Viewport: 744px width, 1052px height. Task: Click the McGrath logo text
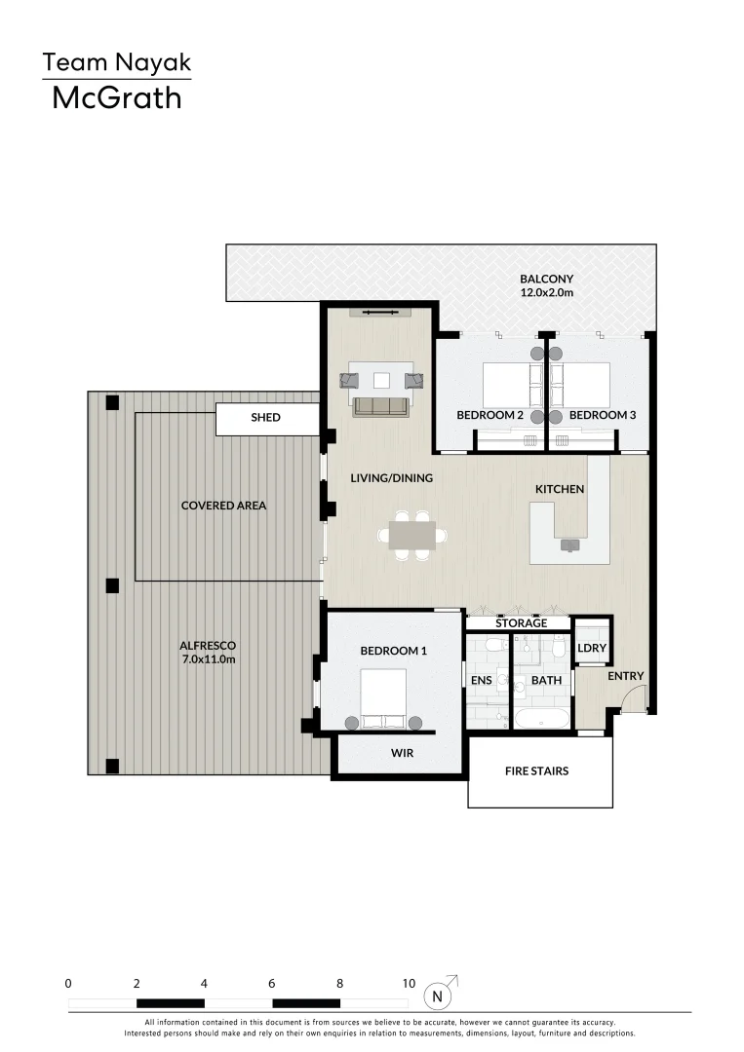(116, 97)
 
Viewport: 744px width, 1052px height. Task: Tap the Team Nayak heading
(116, 63)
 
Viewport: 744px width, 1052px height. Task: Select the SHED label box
(266, 418)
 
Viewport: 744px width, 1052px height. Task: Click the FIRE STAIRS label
(536, 771)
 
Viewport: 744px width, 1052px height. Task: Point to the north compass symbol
(439, 996)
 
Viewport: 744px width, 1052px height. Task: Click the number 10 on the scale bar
(408, 984)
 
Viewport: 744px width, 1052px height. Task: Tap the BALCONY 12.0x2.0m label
(546, 285)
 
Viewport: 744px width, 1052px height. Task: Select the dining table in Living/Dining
(412, 535)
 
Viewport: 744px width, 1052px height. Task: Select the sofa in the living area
(380, 406)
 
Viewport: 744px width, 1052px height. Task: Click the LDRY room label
(591, 648)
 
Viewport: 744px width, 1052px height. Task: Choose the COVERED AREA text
(223, 506)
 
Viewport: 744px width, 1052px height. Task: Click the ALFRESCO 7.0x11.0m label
(208, 652)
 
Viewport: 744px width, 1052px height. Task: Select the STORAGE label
(520, 623)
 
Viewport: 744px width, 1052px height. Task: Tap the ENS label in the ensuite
(482, 680)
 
